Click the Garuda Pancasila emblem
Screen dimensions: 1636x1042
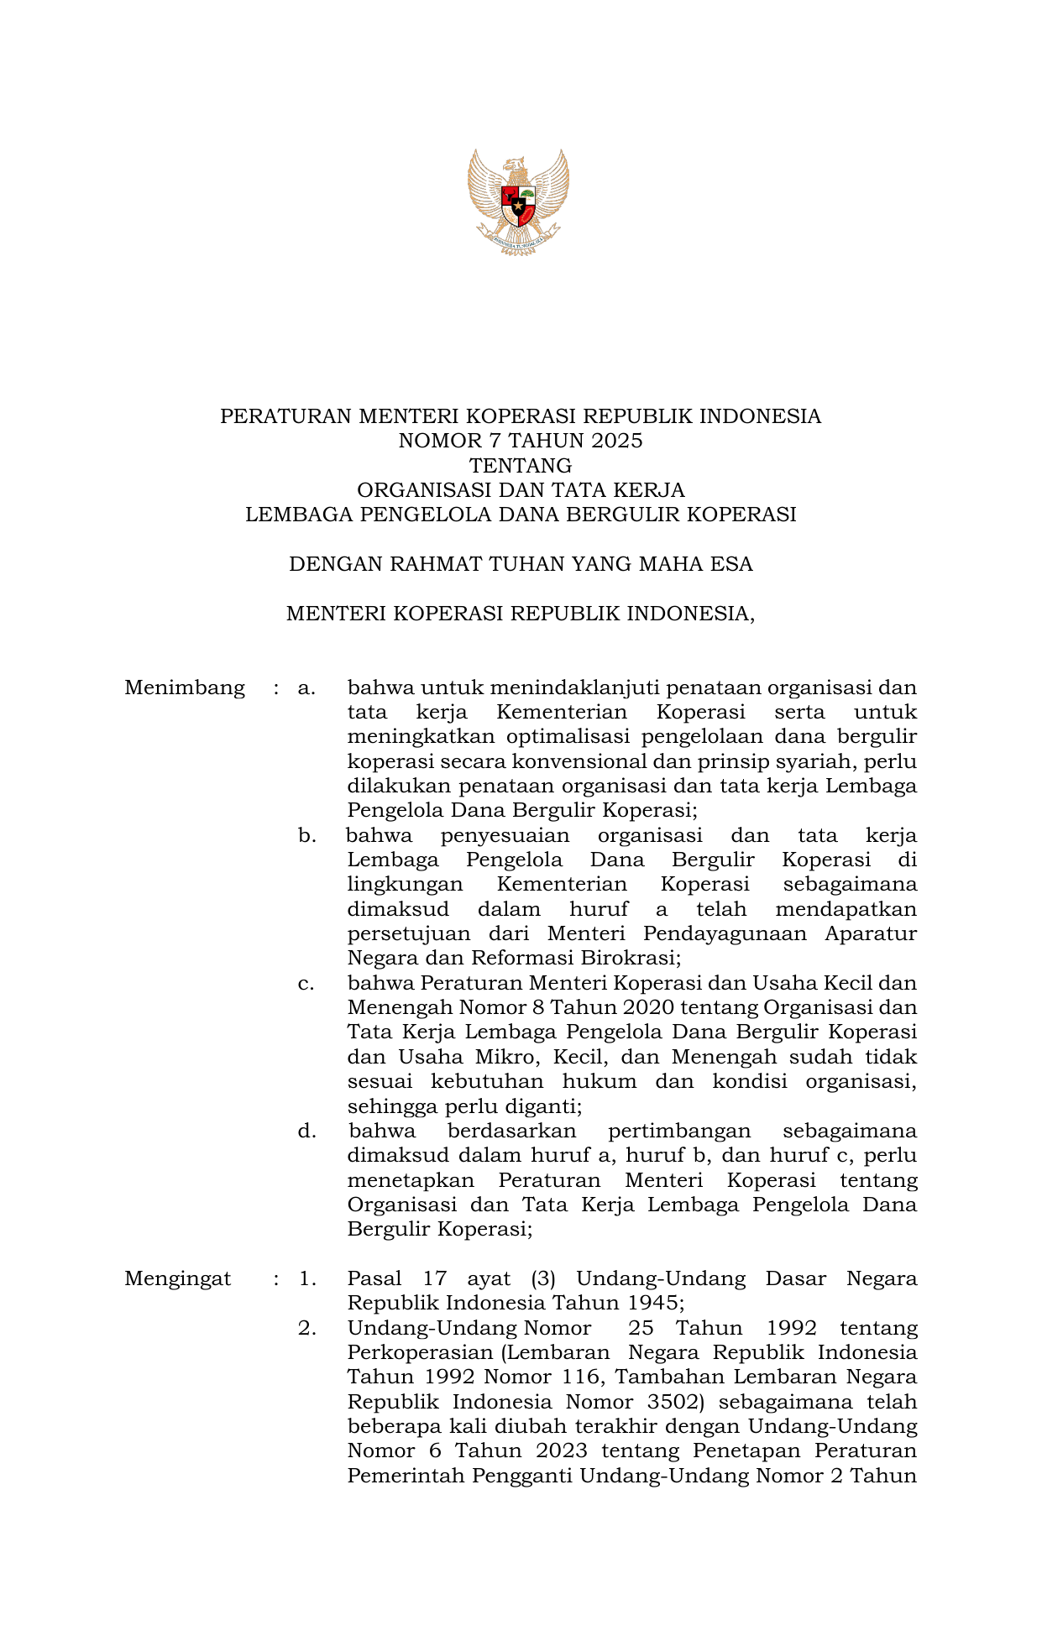coord(519,202)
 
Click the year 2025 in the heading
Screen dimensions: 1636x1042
coord(616,441)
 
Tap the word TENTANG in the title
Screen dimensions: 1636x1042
coord(521,465)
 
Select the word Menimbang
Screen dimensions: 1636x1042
coord(185,688)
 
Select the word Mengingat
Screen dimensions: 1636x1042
coord(178,1278)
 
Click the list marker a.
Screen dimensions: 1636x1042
coord(306,688)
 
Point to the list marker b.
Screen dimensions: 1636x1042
coord(306,836)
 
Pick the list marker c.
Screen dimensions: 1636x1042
coord(306,984)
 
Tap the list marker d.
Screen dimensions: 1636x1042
coord(306,1132)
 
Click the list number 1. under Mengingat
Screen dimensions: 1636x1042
coord(307,1278)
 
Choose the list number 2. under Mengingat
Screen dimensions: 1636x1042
coord(307,1328)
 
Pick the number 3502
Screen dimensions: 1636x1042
coord(672,1402)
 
